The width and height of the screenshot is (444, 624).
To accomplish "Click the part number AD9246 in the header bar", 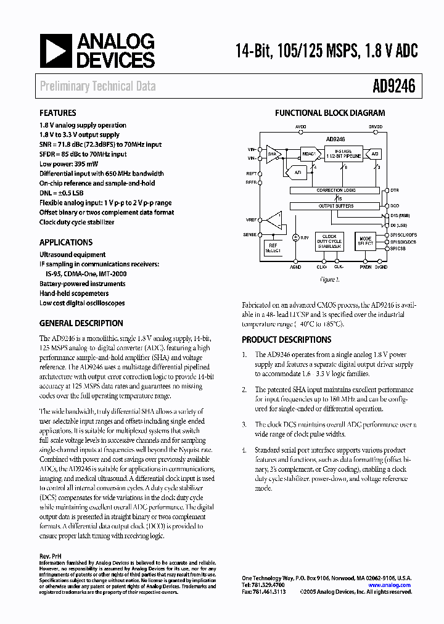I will (393, 87).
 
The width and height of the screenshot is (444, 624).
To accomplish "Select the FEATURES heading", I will (58, 113).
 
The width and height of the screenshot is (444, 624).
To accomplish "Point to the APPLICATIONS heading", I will (66, 242).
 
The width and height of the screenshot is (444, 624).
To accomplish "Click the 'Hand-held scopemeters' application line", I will (74, 294).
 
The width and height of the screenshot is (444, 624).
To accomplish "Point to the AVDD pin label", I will (300, 126).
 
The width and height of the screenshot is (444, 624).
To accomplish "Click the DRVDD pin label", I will (375, 126).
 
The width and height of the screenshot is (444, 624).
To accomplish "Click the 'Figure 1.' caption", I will (329, 279).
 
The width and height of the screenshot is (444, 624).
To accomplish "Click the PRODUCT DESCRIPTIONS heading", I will (286, 340).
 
